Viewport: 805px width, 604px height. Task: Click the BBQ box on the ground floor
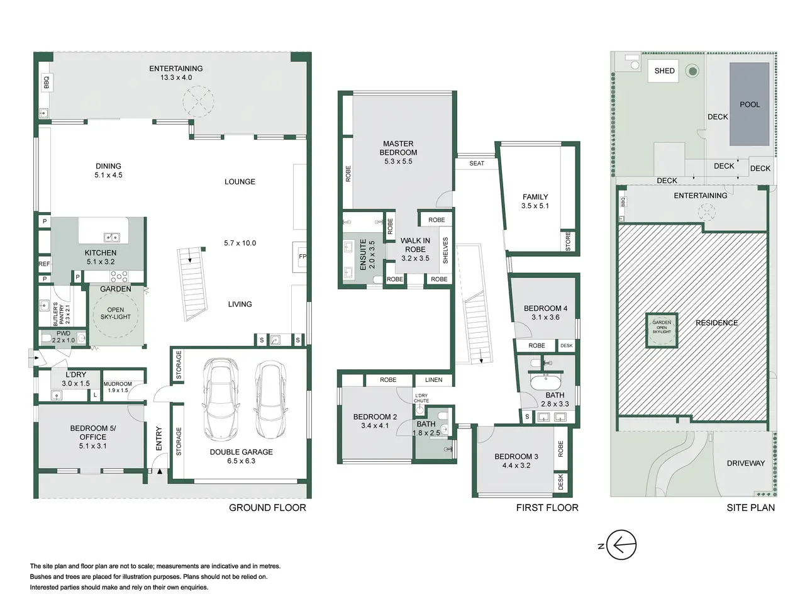[46, 82]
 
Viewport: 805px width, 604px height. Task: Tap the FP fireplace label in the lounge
[303, 256]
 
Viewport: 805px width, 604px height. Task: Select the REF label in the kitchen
[44, 264]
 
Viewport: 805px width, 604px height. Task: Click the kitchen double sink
[111, 238]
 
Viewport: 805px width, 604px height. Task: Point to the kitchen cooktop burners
[119, 276]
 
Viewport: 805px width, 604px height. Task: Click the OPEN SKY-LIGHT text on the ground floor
[116, 313]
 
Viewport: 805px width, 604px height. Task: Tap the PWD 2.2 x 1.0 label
[64, 337]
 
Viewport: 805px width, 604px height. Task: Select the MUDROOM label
[118, 384]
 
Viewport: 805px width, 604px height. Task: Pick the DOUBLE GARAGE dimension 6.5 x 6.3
[241, 461]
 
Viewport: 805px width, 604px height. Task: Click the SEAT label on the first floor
[477, 164]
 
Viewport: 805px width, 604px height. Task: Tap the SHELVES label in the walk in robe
[445, 250]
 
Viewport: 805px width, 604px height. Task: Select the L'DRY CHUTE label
[421, 398]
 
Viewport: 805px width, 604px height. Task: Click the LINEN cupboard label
[433, 380]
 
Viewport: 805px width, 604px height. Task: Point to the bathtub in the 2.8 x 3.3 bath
[545, 382]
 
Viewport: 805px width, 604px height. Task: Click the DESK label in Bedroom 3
[560, 482]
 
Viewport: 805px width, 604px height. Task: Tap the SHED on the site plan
[664, 70]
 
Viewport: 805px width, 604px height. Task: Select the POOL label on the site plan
[750, 104]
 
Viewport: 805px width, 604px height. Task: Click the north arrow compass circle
[621, 545]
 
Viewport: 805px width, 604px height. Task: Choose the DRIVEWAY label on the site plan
[746, 463]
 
